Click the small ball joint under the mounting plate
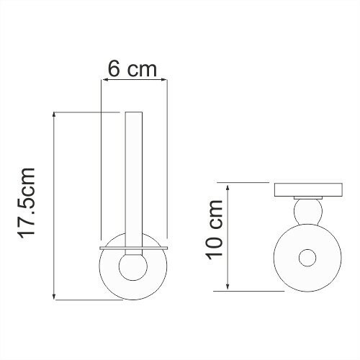click(x=307, y=212)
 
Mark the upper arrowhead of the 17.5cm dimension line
click(x=55, y=115)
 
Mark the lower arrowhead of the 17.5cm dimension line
click(x=55, y=297)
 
